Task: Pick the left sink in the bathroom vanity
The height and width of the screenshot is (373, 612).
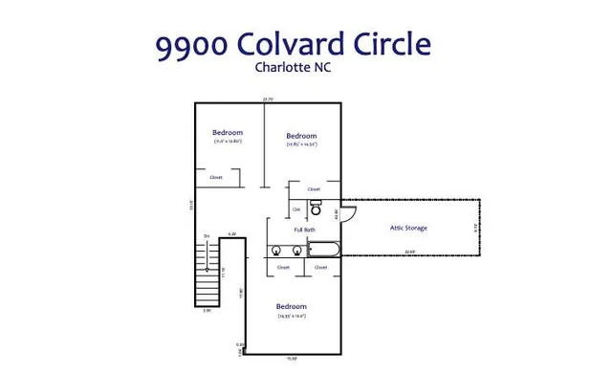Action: click(x=276, y=251)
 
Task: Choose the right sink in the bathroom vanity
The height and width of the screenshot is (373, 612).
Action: click(x=296, y=251)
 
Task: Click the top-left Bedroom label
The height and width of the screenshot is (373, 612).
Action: click(x=227, y=132)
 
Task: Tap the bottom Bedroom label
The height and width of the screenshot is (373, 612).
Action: click(x=292, y=307)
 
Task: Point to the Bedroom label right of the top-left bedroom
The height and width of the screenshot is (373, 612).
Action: click(x=301, y=136)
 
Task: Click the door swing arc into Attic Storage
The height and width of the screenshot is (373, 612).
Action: click(x=349, y=215)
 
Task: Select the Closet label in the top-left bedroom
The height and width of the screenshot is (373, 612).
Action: click(x=217, y=177)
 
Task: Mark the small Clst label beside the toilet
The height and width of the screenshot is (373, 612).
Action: click(x=296, y=208)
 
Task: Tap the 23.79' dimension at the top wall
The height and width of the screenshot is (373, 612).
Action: click(x=268, y=99)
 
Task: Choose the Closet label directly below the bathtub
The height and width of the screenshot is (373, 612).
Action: click(x=320, y=268)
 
